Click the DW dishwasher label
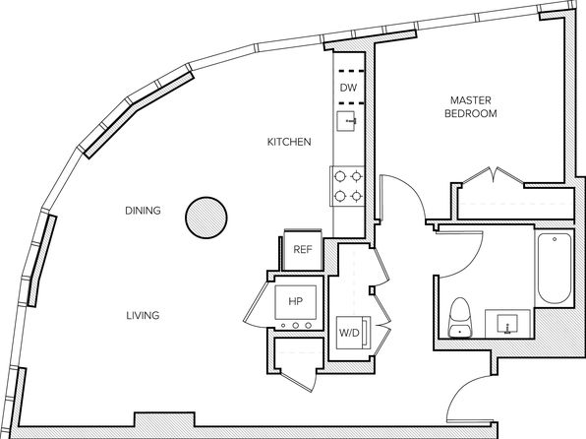click(348, 88)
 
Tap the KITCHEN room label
click(289, 142)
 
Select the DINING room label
click(143, 211)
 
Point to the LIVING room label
click(143, 316)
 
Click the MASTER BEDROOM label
click(471, 106)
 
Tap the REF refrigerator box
click(303, 250)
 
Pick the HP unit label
click(295, 301)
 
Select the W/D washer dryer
click(353, 333)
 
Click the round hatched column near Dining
click(206, 218)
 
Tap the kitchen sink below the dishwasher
click(347, 121)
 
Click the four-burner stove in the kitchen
click(347, 186)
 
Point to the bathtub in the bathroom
click(555, 268)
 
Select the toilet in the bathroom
click(460, 317)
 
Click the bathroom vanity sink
click(507, 324)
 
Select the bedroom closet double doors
click(494, 176)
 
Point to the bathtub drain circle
click(555, 239)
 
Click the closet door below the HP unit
click(299, 379)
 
